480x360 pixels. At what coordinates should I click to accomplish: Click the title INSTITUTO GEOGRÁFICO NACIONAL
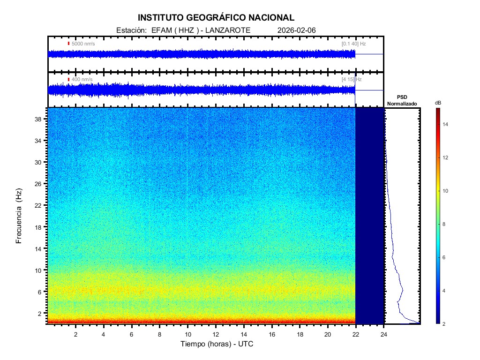216,18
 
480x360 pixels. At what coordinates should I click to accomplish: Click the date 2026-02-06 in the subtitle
297,30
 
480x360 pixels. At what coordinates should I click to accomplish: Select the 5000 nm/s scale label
83,44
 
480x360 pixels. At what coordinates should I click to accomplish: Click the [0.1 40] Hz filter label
353,44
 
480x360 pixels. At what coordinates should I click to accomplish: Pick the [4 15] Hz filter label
352,80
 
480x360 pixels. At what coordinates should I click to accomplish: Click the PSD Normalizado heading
402,100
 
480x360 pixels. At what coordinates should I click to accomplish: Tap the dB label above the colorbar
437,103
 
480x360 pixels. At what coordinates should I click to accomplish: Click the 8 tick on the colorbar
445,225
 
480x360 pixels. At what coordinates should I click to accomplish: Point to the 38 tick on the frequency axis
40,119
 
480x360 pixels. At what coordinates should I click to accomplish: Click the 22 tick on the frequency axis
40,205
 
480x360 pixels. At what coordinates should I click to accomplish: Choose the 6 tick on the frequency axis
42,292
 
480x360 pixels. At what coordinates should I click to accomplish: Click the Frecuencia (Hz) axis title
19,216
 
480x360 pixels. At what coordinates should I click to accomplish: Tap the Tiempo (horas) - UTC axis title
217,344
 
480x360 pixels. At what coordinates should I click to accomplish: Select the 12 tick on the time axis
216,334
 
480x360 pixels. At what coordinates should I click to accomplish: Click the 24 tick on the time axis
384,334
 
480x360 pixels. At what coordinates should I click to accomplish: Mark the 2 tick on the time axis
75,334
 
